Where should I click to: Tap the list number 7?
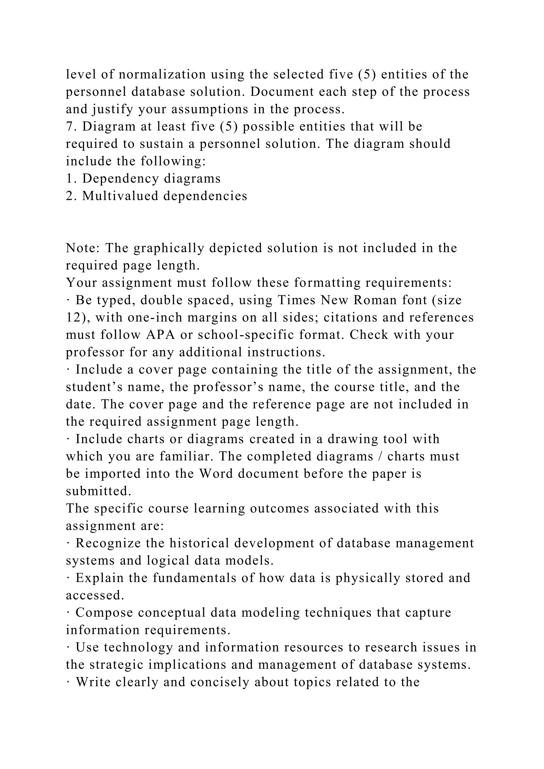tap(69, 127)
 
